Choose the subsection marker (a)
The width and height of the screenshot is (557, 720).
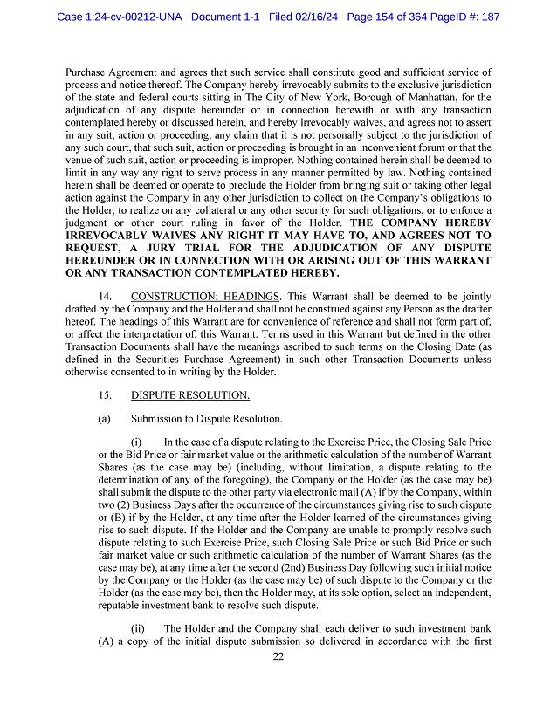105,419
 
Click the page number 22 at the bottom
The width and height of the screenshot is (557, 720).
278,657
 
